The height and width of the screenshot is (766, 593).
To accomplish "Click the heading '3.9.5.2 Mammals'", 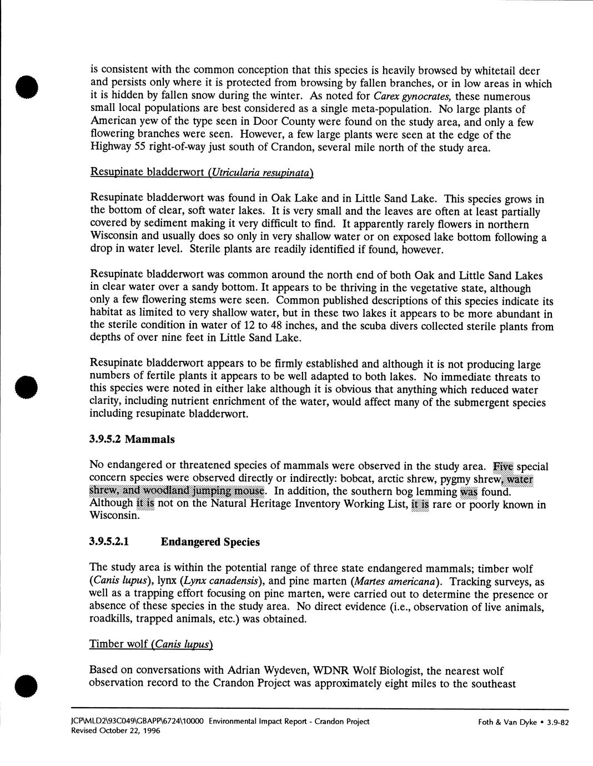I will (132, 440).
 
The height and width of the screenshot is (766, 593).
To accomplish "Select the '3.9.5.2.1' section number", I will (109, 542).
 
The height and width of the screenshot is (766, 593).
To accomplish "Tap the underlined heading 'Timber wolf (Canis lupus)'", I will (151, 644).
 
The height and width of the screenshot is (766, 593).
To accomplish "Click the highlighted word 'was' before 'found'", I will (469, 492).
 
